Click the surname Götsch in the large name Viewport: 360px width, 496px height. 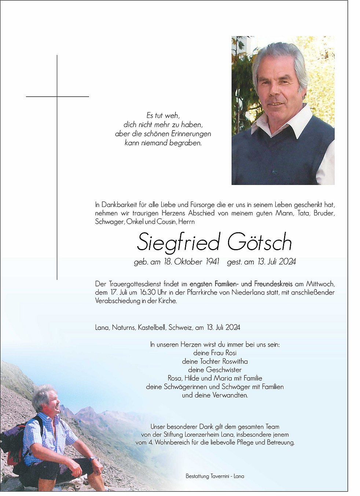pos(259,242)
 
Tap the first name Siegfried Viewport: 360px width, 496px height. pos(179,243)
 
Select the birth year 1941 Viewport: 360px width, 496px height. pos(212,262)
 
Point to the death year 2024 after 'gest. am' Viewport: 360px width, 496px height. pos(287,262)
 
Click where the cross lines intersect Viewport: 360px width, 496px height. pos(57,96)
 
